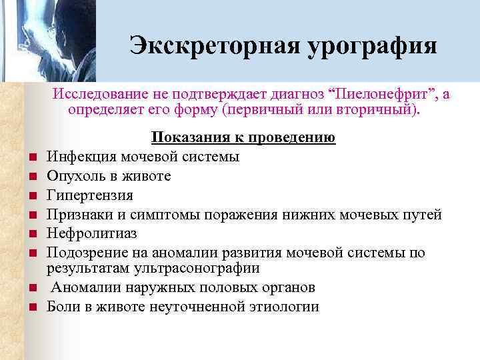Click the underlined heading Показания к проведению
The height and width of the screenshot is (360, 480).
pyautogui.click(x=243, y=138)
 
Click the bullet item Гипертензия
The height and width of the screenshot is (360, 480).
pyautogui.click(x=89, y=195)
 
